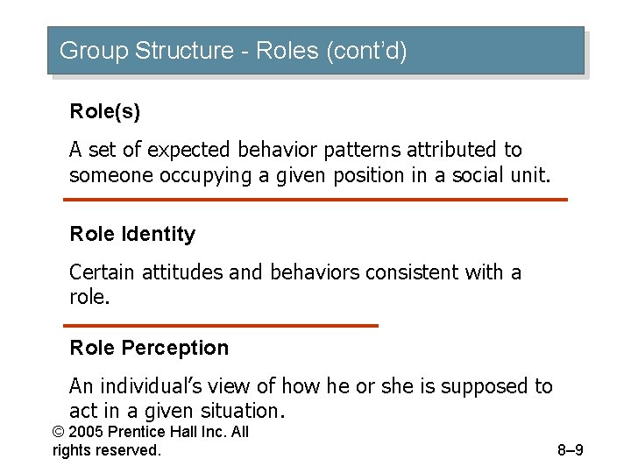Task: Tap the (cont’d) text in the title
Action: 366,51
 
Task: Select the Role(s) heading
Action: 104,112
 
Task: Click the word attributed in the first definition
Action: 458,151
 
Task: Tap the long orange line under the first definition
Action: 315,200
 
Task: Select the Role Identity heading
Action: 132,234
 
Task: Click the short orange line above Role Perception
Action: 221,326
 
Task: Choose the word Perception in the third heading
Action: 174,348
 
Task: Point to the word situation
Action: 239,411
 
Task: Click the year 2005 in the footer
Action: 89,432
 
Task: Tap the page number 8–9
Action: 570,451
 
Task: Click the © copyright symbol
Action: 60,432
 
